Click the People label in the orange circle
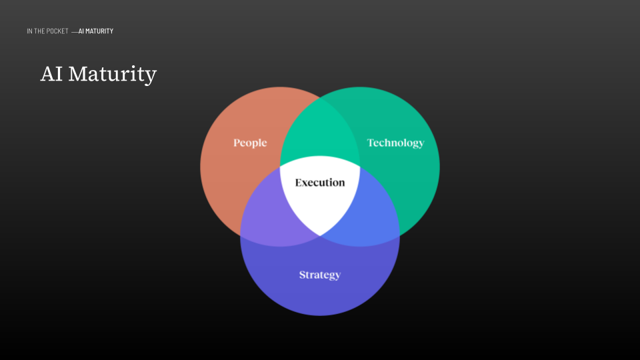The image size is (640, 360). click(250, 143)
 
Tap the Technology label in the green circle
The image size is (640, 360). click(395, 143)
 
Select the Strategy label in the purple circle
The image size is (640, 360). click(320, 275)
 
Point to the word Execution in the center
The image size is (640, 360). click(320, 183)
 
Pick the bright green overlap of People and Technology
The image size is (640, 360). click(320, 133)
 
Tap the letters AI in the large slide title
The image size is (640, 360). click(51, 73)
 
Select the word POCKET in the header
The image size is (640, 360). click(57, 31)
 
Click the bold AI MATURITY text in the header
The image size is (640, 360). click(96, 31)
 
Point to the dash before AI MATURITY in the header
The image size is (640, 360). click(74, 31)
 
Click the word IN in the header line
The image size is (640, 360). click(29, 31)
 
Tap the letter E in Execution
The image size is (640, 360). click(299, 183)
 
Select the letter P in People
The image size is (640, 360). click(237, 143)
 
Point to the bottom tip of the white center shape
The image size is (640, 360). click(320, 234)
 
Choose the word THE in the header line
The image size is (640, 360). click(39, 31)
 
